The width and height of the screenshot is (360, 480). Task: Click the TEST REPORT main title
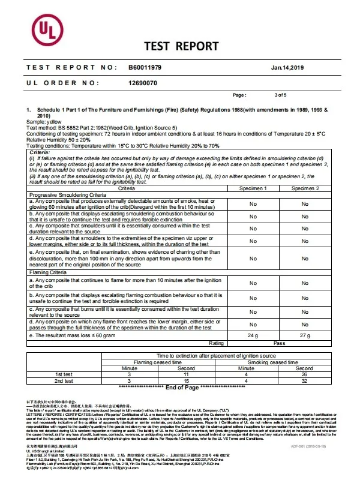181,46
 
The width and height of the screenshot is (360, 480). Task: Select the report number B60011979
145,69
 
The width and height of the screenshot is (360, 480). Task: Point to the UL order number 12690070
143,83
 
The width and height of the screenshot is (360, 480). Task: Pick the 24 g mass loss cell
253,335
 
